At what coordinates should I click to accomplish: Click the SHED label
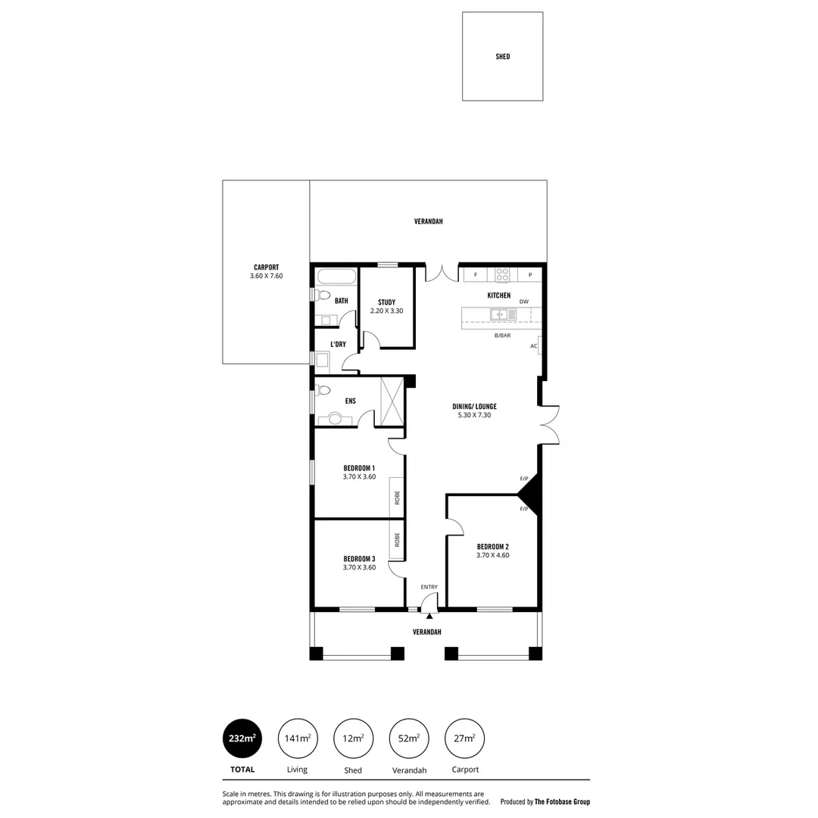click(x=502, y=57)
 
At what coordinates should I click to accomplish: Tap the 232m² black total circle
click(x=242, y=738)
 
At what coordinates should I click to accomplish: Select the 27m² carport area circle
click(x=465, y=738)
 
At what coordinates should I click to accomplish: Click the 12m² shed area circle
click(x=353, y=738)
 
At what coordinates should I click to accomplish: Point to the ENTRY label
click(x=429, y=587)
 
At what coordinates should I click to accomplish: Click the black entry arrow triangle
click(x=429, y=616)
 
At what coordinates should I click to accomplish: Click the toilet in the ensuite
click(x=323, y=391)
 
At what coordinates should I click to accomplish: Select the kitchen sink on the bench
click(x=500, y=314)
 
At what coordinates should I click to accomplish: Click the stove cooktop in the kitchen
click(x=503, y=275)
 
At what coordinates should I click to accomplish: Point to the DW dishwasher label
click(x=523, y=301)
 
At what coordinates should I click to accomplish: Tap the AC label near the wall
click(x=533, y=346)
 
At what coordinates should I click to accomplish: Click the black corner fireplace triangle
click(x=529, y=494)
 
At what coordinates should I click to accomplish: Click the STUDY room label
click(x=386, y=302)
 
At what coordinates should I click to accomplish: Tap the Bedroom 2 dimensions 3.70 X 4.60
click(x=492, y=555)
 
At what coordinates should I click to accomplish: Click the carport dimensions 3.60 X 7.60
click(x=266, y=276)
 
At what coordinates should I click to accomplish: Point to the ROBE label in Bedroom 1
click(x=397, y=498)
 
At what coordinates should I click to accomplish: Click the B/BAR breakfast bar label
click(x=502, y=335)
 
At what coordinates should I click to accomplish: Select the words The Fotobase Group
click(x=562, y=801)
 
